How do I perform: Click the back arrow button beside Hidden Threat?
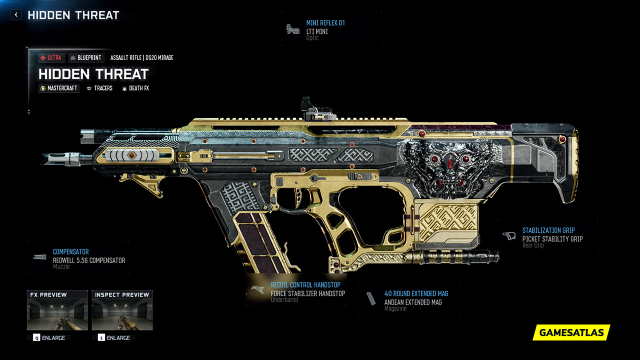point(16,15)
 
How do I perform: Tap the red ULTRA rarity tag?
point(51,58)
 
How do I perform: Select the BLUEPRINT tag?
point(85,58)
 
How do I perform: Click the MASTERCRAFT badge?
point(59,88)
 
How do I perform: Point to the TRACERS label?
point(99,88)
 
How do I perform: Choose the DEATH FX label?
point(135,88)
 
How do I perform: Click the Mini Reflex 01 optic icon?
point(293,29)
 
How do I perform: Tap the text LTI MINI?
point(317,31)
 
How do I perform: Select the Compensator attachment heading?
point(70,252)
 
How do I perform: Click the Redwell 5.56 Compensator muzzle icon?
point(39,257)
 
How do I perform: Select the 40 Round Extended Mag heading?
point(416,293)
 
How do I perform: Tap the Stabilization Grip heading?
point(548,230)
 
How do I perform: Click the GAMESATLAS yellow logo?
point(571,332)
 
